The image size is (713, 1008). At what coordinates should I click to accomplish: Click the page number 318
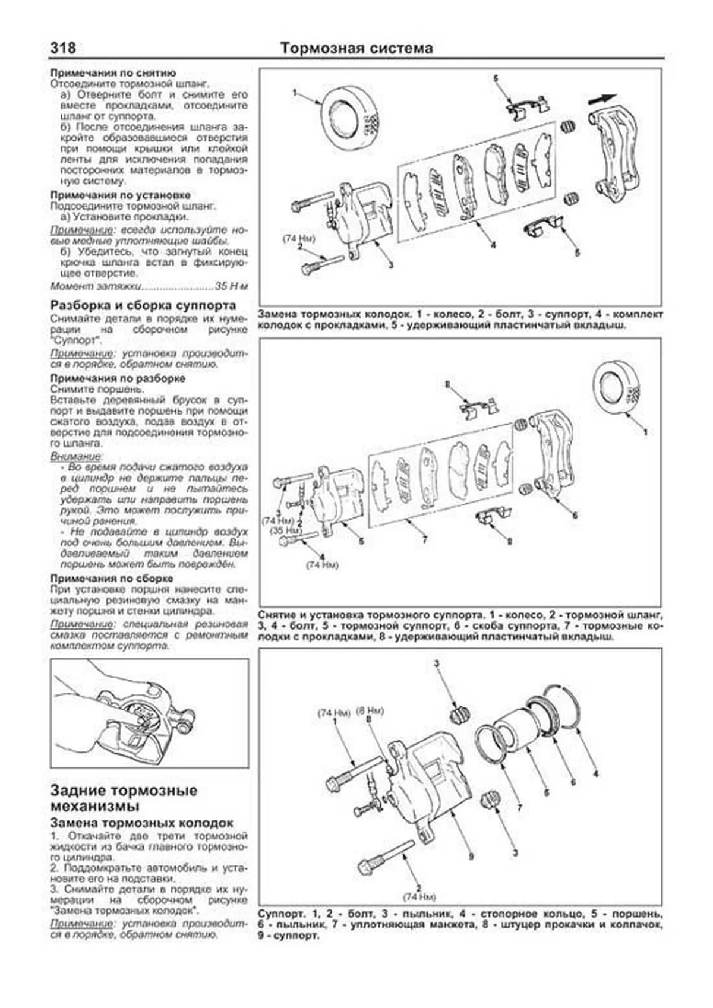[x=63, y=48]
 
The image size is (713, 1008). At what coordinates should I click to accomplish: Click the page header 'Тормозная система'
[x=356, y=48]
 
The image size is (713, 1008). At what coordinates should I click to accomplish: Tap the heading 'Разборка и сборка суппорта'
[x=143, y=305]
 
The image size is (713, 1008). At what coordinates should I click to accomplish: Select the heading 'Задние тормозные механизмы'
[x=124, y=798]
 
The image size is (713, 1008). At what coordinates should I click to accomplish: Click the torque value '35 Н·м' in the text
[x=231, y=286]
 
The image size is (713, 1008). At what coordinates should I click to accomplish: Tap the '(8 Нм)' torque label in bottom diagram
[x=370, y=710]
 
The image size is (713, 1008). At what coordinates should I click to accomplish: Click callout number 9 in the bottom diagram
[x=471, y=857]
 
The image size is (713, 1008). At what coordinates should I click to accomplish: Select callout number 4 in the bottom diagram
[x=595, y=773]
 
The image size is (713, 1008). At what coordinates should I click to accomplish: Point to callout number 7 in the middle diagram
[x=424, y=539]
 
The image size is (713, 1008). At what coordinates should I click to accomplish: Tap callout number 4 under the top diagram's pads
[x=493, y=245]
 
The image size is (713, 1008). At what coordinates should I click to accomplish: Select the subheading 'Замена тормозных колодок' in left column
[x=141, y=823]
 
